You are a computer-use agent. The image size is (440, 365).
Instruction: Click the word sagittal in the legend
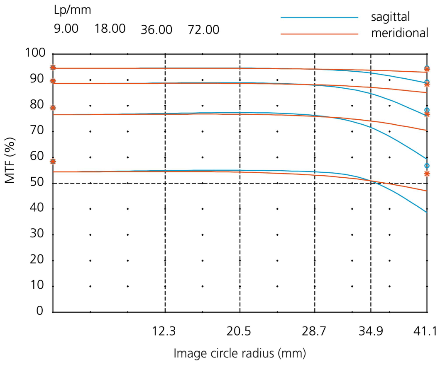391,17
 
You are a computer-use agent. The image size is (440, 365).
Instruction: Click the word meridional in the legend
399,33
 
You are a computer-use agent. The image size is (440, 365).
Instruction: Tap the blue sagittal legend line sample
319,18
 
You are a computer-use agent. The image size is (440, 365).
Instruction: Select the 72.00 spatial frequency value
203,30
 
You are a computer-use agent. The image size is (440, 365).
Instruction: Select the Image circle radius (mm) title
240,353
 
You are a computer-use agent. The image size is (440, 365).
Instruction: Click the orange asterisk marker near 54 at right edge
427,174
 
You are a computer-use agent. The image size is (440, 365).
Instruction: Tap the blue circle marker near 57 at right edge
427,166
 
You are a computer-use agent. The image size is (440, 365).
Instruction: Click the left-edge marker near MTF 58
53,161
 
